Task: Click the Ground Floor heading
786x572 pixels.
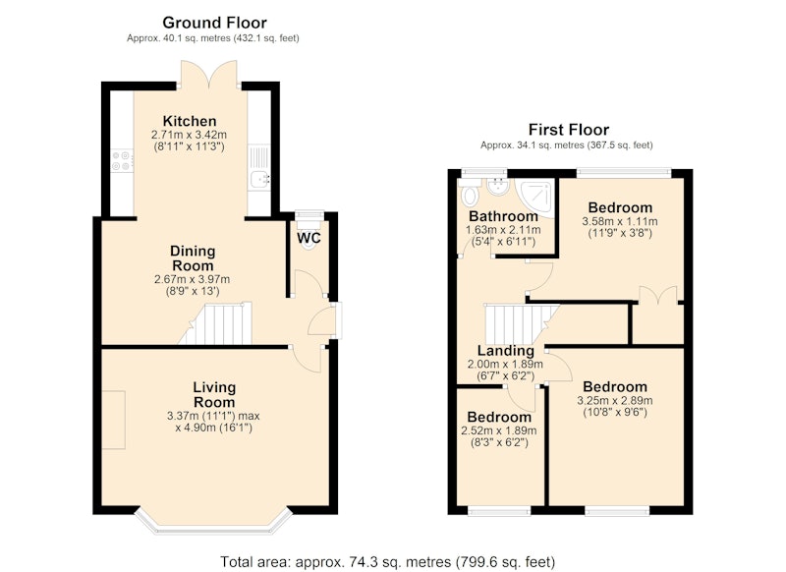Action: pos(214,23)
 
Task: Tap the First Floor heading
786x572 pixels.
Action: pos(569,130)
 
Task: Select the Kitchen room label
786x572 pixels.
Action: pos(190,121)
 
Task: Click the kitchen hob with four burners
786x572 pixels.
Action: pos(122,160)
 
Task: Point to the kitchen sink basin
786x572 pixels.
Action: pos(259,179)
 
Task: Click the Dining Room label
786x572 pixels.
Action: pos(193,258)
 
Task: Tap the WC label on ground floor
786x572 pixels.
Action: pos(309,238)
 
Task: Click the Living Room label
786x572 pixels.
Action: pos(214,394)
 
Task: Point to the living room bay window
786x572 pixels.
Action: pos(214,520)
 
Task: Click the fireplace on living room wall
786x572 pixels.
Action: pos(114,420)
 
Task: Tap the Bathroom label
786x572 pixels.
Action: pos(503,216)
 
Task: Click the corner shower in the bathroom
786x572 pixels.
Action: pos(536,197)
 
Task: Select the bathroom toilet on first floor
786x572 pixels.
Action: pos(470,194)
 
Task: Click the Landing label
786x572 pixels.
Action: pos(505,351)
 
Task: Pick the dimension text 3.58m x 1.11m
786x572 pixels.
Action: pos(620,221)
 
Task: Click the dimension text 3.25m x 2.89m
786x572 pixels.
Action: pos(615,401)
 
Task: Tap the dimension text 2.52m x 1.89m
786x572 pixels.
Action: pos(499,430)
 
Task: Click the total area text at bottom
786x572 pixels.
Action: pos(387,562)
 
